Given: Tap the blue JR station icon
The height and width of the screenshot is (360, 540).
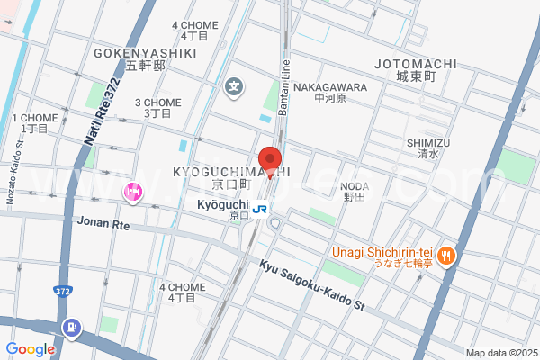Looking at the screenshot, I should click(260, 209).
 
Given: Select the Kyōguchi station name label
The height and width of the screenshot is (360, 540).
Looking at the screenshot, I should click(221, 204).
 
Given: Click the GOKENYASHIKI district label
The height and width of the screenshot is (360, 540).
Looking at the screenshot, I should click(145, 53).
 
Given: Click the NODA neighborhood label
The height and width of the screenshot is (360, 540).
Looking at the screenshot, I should click(355, 186).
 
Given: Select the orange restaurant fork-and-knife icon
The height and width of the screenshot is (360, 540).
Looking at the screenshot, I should click(447, 256).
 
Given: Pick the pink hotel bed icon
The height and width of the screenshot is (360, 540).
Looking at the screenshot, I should click(133, 191).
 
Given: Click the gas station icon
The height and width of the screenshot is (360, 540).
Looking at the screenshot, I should click(70, 327).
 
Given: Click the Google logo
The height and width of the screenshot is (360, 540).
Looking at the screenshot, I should click(31, 348).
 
